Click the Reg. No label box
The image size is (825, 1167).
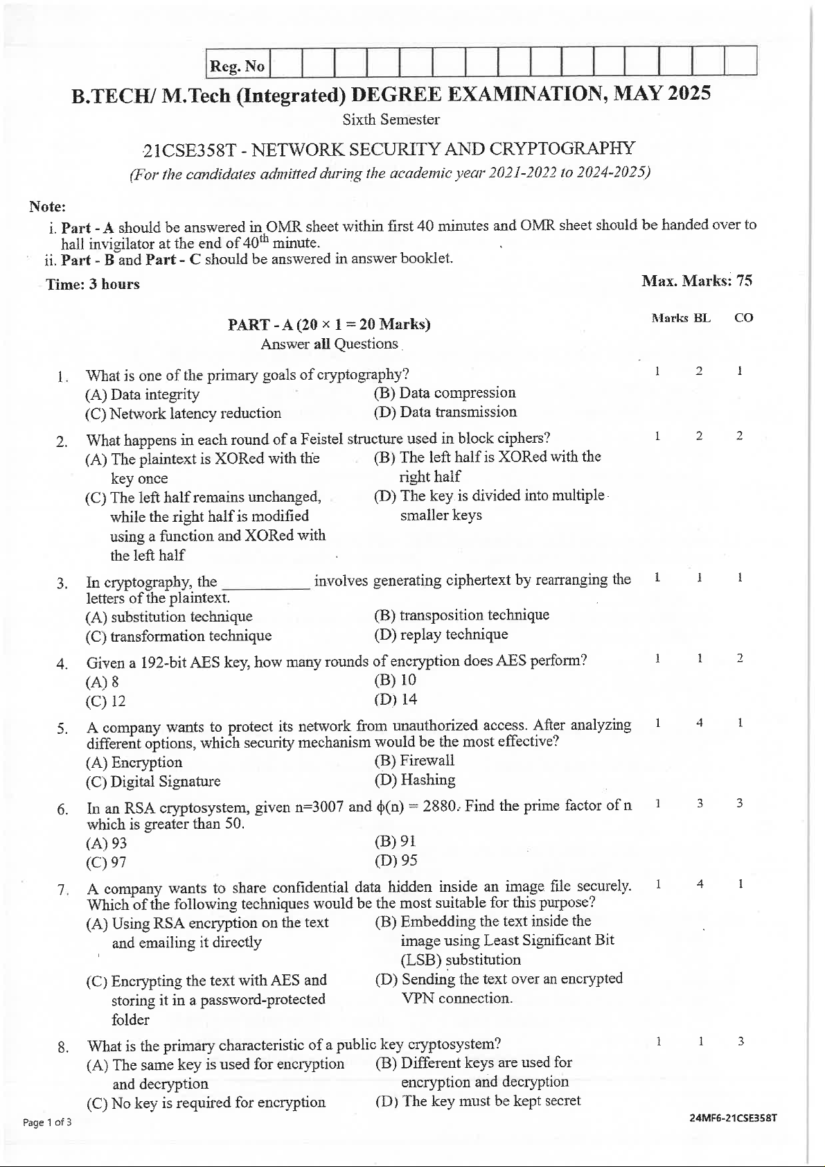(x=238, y=67)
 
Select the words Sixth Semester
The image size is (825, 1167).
(x=391, y=119)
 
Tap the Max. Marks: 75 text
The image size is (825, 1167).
(x=696, y=281)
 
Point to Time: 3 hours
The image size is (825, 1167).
(x=93, y=284)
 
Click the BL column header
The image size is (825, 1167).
(x=702, y=318)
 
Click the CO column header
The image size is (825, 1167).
(x=743, y=318)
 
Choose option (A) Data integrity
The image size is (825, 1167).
(x=142, y=394)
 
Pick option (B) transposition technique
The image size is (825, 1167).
(x=461, y=615)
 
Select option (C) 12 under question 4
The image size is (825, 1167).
(x=106, y=701)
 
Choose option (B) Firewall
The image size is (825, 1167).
(x=414, y=760)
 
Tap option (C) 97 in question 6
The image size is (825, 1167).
(x=106, y=862)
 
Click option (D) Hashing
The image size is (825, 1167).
(x=414, y=780)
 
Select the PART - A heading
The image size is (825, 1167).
(x=329, y=324)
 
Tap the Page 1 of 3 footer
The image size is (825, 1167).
(x=47, y=1123)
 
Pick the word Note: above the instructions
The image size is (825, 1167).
(x=47, y=207)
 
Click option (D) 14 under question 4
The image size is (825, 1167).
(x=396, y=699)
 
